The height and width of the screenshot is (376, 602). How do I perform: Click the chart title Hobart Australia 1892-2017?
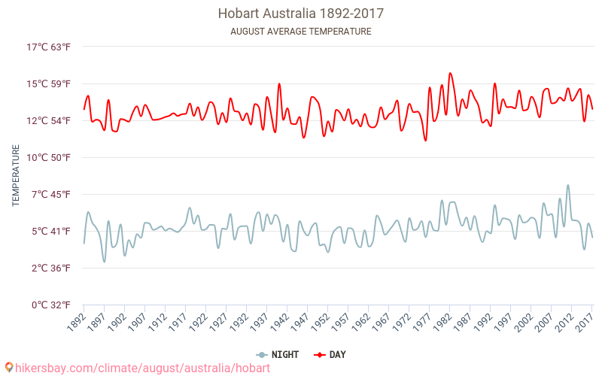point(300,14)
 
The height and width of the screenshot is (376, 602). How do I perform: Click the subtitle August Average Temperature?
point(300,32)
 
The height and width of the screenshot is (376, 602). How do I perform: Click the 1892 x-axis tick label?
point(76,323)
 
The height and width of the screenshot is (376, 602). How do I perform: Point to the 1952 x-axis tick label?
point(320,323)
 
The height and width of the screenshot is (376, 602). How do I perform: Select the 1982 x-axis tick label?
point(442,323)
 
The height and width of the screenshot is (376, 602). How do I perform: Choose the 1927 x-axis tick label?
point(218,323)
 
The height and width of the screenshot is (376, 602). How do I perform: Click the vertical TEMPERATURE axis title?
point(16,175)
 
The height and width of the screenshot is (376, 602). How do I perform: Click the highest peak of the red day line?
point(450,73)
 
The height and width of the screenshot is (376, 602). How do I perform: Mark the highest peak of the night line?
point(568,185)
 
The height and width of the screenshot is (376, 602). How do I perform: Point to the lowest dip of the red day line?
point(425,141)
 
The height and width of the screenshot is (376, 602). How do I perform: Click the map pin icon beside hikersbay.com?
point(9,368)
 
